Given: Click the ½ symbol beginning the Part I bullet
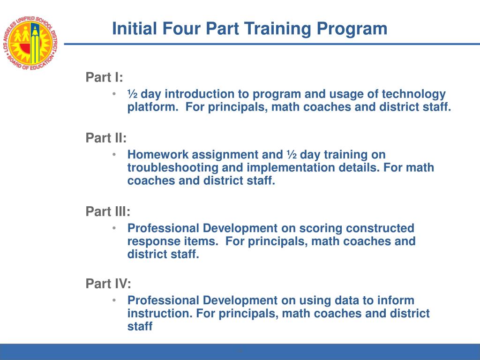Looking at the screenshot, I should [132, 94].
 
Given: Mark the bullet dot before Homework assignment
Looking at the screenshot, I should [115, 154].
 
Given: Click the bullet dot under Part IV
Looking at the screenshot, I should [115, 300].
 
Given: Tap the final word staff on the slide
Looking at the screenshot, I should [140, 327].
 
